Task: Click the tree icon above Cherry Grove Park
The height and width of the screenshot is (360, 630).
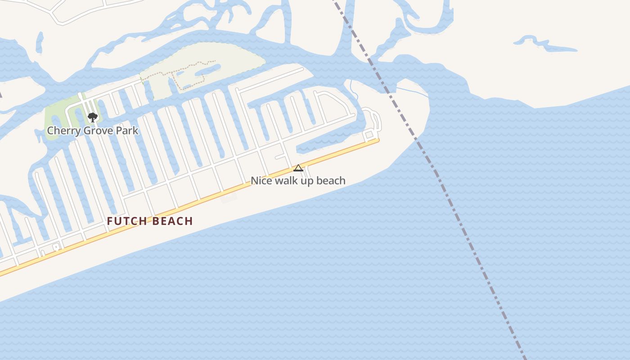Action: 93,117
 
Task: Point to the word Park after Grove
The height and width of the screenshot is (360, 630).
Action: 127,131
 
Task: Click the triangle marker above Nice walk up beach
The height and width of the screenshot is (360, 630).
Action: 298,168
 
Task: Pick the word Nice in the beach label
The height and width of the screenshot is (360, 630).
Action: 261,181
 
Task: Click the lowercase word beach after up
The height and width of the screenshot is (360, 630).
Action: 331,181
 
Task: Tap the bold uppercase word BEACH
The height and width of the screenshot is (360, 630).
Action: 173,221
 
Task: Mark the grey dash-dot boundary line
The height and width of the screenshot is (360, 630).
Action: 472,252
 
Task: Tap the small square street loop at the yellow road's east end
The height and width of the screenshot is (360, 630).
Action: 369,134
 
